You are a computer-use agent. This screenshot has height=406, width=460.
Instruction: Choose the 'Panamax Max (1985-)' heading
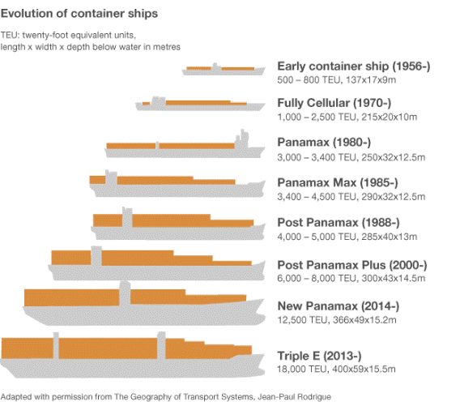coord(338,182)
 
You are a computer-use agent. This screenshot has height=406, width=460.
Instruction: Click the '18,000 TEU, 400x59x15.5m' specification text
coord(336,370)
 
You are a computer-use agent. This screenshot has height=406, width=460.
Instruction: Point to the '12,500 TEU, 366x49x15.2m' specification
coord(336,321)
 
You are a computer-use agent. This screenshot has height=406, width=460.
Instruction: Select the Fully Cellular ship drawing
coord(199,105)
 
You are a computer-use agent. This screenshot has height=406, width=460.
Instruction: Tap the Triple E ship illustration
coord(134,353)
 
